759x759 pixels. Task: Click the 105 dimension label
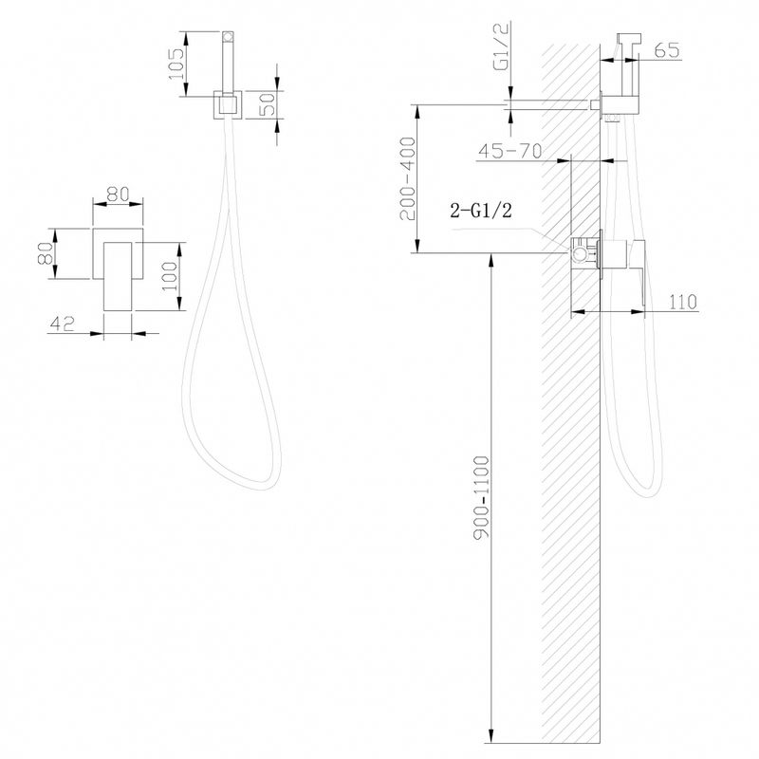coord(176,64)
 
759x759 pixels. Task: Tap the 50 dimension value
coord(268,104)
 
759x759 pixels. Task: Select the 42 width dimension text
coord(63,324)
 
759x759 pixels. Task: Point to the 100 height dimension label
coord(170,276)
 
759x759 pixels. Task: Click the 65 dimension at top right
coord(667,50)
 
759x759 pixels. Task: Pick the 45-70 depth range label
coord(509,151)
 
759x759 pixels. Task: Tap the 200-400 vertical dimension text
coord(408,178)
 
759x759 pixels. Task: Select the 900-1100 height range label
coord(482,496)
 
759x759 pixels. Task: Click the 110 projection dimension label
coord(682,302)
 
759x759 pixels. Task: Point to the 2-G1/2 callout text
coord(481,211)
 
